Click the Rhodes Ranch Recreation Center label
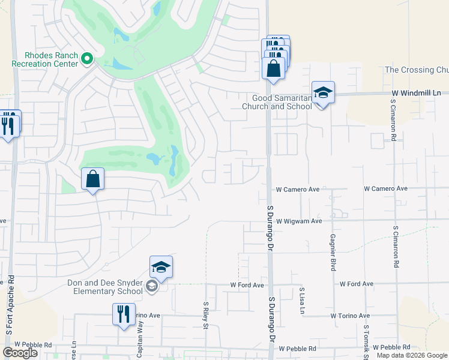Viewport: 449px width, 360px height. [44, 59]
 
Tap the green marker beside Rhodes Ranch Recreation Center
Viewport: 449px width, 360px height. [87, 58]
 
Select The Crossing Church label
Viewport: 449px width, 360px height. [417, 70]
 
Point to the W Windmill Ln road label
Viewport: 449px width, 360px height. [415, 93]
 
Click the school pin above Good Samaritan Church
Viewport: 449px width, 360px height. [323, 93]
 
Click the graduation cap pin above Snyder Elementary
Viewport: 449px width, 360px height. [161, 268]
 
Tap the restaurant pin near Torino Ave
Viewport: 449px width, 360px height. [124, 314]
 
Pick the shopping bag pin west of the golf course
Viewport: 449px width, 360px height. [93, 179]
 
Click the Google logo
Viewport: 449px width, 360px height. [20, 353]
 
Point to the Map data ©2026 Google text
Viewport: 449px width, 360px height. [412, 355]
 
